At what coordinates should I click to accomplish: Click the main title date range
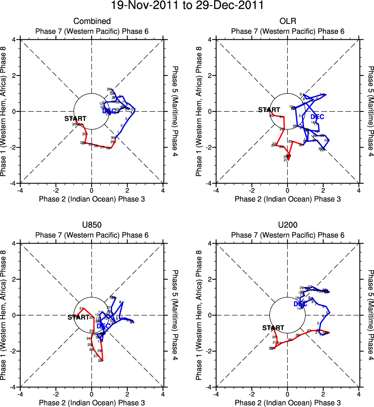[x=187, y=6]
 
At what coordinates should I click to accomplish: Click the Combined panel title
[x=92, y=21]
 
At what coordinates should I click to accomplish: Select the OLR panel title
[x=287, y=21]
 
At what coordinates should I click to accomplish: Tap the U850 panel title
[x=92, y=225]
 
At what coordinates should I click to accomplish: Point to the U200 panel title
[x=287, y=225]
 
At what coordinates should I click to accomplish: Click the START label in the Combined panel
[x=75, y=119]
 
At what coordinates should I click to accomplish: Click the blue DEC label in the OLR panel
[x=317, y=117]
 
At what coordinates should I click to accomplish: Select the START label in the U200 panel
[x=273, y=328]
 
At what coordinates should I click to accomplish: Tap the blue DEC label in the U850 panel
[x=103, y=326]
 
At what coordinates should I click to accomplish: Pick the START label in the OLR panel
[x=269, y=110]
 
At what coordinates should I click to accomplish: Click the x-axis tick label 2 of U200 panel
[x=323, y=394]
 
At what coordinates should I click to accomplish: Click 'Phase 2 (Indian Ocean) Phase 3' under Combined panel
[x=92, y=199]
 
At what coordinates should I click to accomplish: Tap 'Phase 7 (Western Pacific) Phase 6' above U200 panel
[x=287, y=235]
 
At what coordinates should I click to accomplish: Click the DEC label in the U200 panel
[x=300, y=304]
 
